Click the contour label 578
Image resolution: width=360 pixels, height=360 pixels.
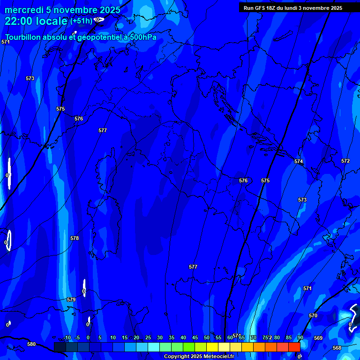pyautogui.click(x=75, y=238)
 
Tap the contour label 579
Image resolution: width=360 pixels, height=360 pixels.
pyautogui.click(x=71, y=300)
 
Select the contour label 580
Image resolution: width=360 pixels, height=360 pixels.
pyautogui.click(x=31, y=344)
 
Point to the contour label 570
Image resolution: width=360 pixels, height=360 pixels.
pyautogui.click(x=313, y=315)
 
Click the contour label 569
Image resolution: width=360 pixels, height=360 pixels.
pyautogui.click(x=318, y=338)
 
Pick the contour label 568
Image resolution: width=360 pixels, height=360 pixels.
pyautogui.click(x=337, y=348)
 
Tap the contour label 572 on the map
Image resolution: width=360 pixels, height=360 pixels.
pyautogui.click(x=345, y=161)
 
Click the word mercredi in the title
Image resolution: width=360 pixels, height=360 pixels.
pyautogui.click(x=24, y=10)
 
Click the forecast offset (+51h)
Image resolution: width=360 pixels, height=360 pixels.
pyautogui.click(x=81, y=21)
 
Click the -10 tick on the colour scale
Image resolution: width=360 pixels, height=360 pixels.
pyautogui.click(x=67, y=337)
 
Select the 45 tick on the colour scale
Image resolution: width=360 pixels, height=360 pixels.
pyautogui.click(x=195, y=337)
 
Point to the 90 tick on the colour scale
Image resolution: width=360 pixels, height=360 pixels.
pyautogui.click(x=300, y=337)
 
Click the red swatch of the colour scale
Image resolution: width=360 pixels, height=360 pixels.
pyautogui.click(x=294, y=347)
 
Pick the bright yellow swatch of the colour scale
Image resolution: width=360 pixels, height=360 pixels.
pyautogui.click(x=212, y=347)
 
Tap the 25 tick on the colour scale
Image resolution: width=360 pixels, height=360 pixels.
pyautogui.click(x=148, y=337)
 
